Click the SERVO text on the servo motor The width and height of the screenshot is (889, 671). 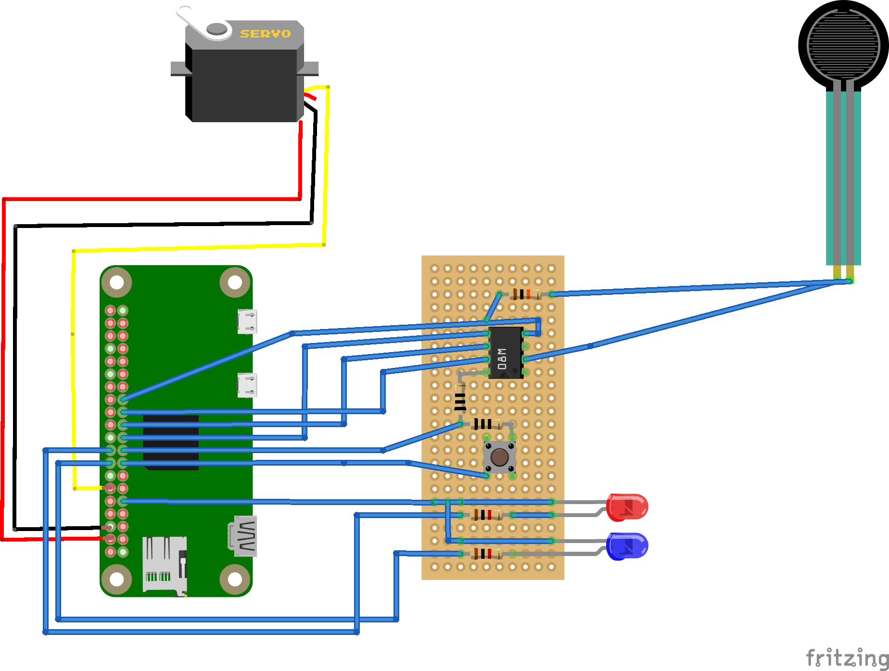tap(265, 34)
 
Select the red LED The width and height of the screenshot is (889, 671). tap(627, 507)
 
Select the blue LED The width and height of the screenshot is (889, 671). tap(627, 546)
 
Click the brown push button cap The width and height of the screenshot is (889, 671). tap(499, 457)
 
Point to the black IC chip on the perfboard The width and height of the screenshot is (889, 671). tap(506, 353)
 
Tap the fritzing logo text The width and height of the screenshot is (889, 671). tap(847, 658)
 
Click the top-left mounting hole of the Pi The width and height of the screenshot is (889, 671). tap(117, 282)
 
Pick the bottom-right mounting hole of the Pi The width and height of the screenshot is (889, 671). tap(235, 579)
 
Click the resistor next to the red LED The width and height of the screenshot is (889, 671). tap(486, 515)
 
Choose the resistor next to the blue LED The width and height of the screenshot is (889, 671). tap(486, 554)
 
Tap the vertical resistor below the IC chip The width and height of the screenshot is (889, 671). tap(460, 399)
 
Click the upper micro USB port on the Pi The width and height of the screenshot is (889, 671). tap(247, 321)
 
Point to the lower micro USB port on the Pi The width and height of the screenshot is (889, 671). tap(247, 385)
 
